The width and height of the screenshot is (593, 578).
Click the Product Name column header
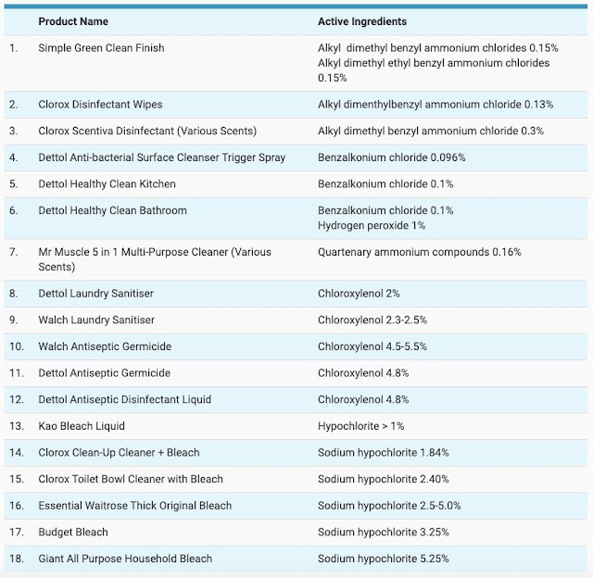click(73, 21)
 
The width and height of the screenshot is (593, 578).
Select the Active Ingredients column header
click(362, 21)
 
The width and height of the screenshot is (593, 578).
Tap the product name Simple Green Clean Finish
click(101, 48)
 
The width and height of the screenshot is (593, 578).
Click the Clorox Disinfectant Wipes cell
click(100, 105)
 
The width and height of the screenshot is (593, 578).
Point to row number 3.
click(14, 131)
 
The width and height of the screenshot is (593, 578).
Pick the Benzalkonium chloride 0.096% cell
click(391, 157)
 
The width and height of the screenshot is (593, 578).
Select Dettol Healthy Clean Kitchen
click(107, 184)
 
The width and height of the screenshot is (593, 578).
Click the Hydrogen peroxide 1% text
click(372, 226)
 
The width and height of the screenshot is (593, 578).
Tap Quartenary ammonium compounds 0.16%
click(420, 252)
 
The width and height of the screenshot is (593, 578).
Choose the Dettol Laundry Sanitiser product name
click(96, 294)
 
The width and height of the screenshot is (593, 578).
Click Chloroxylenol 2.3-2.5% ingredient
click(372, 320)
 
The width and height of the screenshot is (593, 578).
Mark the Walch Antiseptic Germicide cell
click(105, 346)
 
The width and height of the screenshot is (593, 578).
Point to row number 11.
click(17, 373)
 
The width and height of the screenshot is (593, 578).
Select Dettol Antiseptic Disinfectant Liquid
click(125, 399)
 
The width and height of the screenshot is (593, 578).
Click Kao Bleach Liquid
click(82, 426)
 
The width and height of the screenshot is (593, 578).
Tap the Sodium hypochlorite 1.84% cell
click(383, 453)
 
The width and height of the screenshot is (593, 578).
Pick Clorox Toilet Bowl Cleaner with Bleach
click(131, 479)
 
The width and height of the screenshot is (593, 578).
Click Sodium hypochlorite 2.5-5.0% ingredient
click(389, 506)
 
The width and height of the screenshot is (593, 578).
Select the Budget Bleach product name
click(73, 533)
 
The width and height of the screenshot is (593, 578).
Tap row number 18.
click(17, 559)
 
